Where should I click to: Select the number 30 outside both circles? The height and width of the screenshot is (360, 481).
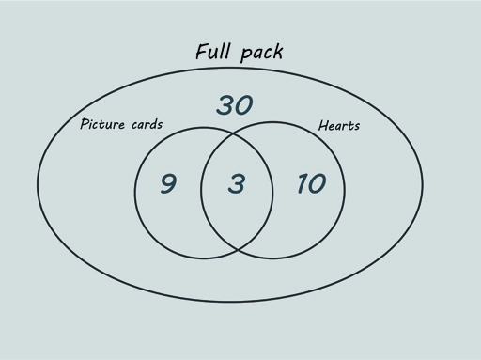tap(235, 105)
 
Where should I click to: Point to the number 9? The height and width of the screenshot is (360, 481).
tap(167, 183)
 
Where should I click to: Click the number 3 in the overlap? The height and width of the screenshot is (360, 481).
tap(236, 183)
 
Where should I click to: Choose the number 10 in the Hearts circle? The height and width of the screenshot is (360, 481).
tap(310, 183)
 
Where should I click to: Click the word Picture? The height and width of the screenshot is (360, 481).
tap(104, 124)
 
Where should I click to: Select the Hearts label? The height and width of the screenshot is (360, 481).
tap(339, 126)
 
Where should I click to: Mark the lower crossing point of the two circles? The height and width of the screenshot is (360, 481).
tap(237, 248)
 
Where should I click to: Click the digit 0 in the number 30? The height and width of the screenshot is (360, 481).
tap(244, 105)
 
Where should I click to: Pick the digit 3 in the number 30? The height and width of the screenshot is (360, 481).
tap(225, 105)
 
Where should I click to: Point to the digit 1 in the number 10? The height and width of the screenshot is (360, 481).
tap(300, 183)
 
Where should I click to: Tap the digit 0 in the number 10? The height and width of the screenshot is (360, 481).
tap(316, 183)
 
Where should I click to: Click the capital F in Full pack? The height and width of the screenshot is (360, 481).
tap(202, 51)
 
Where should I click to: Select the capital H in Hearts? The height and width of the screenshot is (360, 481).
tap(323, 126)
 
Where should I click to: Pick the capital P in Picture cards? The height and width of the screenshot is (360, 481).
tap(85, 124)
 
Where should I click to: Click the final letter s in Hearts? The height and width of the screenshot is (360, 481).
tap(356, 127)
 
